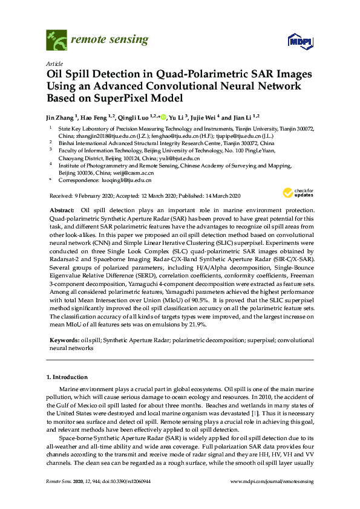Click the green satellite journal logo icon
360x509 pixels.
pyautogui.click(x=56, y=41)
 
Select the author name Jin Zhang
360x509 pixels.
pyautogui.click(x=63, y=117)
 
